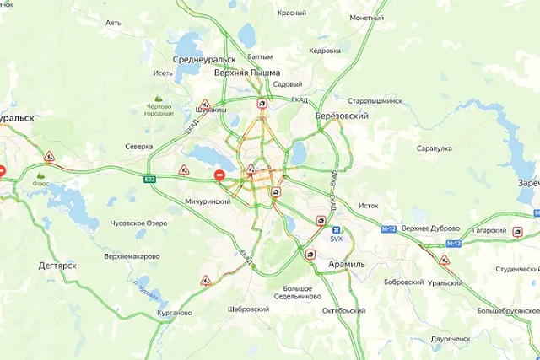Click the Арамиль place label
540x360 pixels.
tap(344, 264)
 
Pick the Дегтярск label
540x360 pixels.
tap(57, 265)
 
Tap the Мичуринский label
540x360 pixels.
tap(208, 202)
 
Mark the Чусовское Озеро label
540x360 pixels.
tap(139, 223)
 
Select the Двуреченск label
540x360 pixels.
tap(450, 338)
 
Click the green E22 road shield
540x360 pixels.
tap(149, 179)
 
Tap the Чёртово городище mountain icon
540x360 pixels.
tap(158, 99)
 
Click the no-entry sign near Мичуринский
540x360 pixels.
tap(219, 175)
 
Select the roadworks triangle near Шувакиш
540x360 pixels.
tap(205, 104)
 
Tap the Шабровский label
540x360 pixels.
tap(248, 309)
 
